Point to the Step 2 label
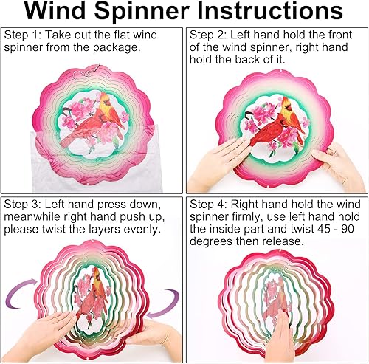click(210, 35)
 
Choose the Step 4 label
click(210, 203)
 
